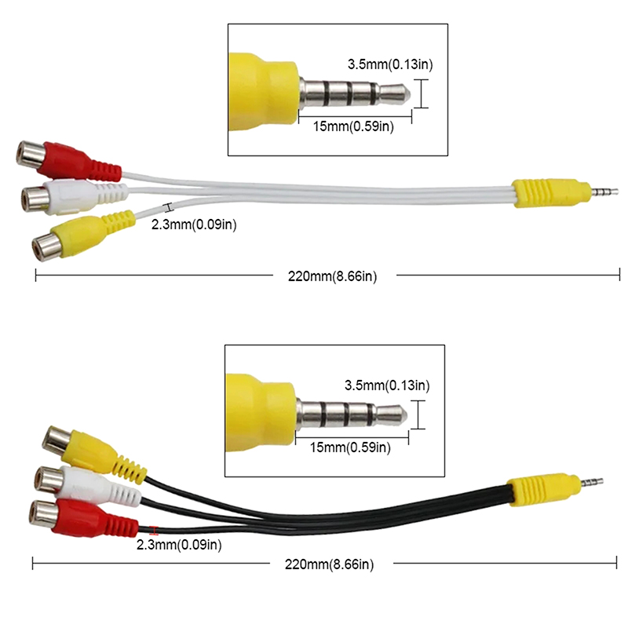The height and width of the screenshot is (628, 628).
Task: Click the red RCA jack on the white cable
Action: coord(68,160)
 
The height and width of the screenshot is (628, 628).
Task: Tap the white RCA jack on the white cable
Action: coord(74,195)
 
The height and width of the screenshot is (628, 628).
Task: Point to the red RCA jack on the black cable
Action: coord(83,517)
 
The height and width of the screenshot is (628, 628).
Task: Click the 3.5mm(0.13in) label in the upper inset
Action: coord(390,64)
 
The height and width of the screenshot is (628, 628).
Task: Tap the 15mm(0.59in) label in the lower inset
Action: coord(350,447)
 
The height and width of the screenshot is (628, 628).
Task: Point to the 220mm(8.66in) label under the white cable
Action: coord(332,276)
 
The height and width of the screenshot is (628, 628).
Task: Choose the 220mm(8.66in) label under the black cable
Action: coord(329,564)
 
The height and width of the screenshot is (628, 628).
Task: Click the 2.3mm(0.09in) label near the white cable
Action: coord(194,225)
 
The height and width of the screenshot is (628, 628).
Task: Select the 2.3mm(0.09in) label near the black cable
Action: coord(179,545)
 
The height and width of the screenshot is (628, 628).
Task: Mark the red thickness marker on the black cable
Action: coord(154,531)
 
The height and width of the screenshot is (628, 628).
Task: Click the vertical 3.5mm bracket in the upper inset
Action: coord(421,93)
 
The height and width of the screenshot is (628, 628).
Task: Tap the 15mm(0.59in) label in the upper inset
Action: coord(353,126)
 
